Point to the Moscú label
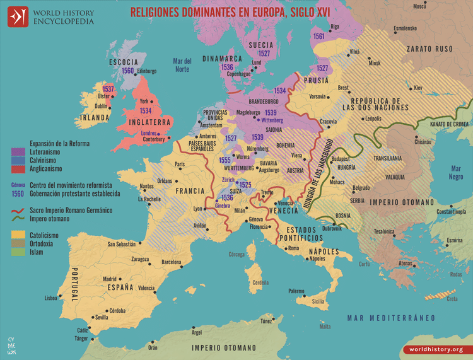419,6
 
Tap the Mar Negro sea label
455,173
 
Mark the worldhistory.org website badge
436,349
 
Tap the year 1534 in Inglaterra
145,111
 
